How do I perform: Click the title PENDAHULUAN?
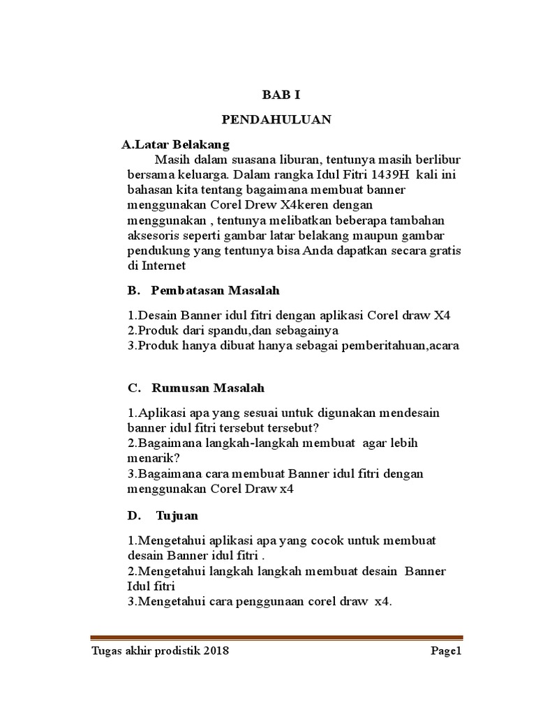(276, 120)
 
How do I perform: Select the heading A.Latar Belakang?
(175, 145)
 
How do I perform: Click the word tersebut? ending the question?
(296, 427)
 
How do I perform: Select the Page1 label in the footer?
(446, 652)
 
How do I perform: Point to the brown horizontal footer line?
(276, 638)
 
